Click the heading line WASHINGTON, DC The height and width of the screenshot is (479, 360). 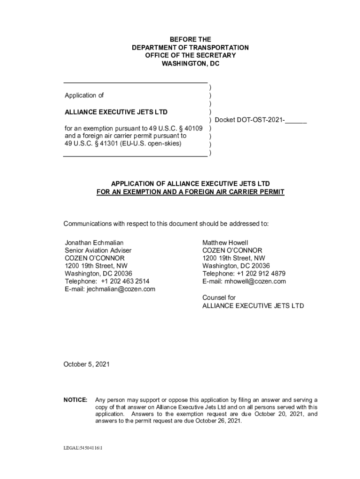click(x=190, y=64)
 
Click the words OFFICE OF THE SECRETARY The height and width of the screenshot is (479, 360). click(x=190, y=56)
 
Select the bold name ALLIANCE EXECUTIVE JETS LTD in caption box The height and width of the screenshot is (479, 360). click(x=116, y=112)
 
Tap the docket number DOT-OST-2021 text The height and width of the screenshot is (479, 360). click(x=260, y=120)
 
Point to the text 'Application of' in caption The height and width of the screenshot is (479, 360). click(x=84, y=95)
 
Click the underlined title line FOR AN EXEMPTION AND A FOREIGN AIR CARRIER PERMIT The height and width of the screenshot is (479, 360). click(x=190, y=192)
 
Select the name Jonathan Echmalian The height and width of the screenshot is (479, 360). click(x=94, y=243)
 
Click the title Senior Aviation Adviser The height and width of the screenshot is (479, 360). click(x=98, y=251)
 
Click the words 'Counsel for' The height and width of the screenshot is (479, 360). click(x=219, y=298)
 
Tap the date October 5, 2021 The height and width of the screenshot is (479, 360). click(x=86, y=364)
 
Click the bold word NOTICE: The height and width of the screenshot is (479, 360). click(x=75, y=400)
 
